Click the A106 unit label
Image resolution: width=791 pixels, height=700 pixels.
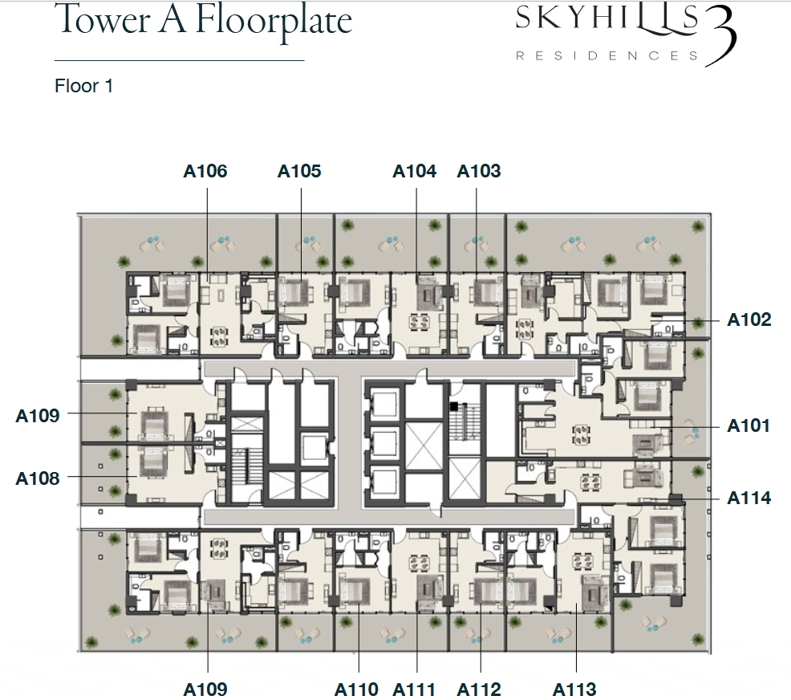[205, 171]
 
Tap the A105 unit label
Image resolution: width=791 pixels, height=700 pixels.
[299, 171]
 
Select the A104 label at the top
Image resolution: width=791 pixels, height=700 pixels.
[414, 171]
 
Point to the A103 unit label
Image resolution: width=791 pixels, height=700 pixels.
[479, 171]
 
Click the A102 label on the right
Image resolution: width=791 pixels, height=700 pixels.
[749, 319]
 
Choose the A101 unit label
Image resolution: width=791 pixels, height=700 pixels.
[748, 425]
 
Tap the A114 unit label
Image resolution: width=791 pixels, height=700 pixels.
[749, 499]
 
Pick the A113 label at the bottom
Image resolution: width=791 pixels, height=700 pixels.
[574, 689]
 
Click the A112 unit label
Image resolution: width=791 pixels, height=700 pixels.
[479, 689]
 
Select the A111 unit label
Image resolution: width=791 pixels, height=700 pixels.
[414, 689]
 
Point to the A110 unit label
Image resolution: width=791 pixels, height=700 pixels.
[356, 689]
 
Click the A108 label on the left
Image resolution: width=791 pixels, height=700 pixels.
[38, 478]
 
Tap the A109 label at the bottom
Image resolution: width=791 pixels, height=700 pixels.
[205, 689]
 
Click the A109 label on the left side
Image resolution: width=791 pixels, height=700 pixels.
[38, 415]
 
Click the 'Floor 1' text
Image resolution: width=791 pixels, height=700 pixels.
[83, 86]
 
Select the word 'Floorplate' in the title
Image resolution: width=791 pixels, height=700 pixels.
[274, 22]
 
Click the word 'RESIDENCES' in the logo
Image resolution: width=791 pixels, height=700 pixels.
[606, 55]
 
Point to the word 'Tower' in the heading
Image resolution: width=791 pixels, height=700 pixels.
[105, 19]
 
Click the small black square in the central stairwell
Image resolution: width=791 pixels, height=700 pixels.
[454, 405]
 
